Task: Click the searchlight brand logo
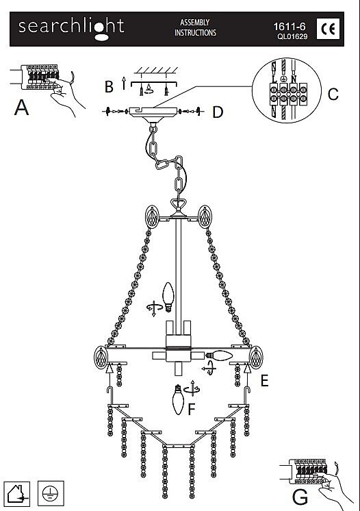pyautogui.click(x=71, y=29)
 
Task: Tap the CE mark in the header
pyautogui.click(x=328, y=29)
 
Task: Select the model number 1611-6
pyautogui.click(x=290, y=27)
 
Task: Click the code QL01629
pyautogui.click(x=292, y=36)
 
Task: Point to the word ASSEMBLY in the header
pyautogui.click(x=194, y=23)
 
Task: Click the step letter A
pyautogui.click(x=21, y=108)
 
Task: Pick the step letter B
pyautogui.click(x=109, y=87)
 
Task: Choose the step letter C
pyautogui.click(x=333, y=94)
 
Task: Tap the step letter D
pyautogui.click(x=218, y=112)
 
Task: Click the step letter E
pyautogui.click(x=265, y=381)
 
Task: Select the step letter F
pyautogui.click(x=192, y=410)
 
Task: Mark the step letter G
pyautogui.click(x=300, y=497)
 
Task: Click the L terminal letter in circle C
pyautogui.click(x=274, y=79)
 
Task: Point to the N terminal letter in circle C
pyautogui.click(x=294, y=79)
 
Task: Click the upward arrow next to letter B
pyautogui.click(x=124, y=83)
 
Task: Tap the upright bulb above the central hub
pyautogui.click(x=168, y=297)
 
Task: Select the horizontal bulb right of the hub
pyautogui.click(x=219, y=356)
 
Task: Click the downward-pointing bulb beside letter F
pyautogui.click(x=179, y=399)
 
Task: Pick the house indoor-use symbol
pyautogui.click(x=16, y=494)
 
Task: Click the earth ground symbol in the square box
pyautogui.click(x=51, y=494)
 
